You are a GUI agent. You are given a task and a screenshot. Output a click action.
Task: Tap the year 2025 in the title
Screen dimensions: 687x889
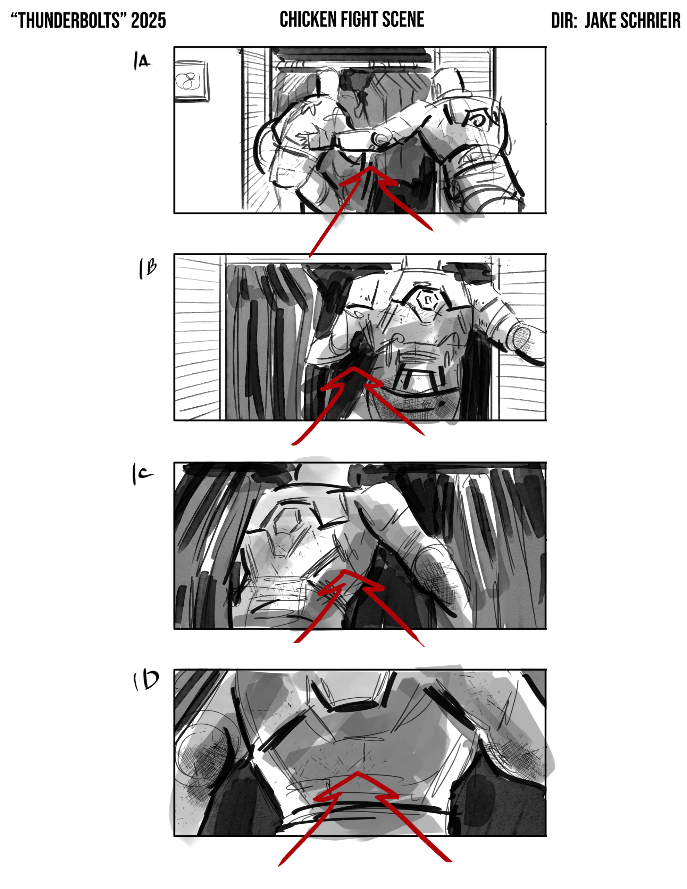pos(149,21)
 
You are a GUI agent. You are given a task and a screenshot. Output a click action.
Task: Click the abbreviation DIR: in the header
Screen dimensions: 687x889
pos(564,20)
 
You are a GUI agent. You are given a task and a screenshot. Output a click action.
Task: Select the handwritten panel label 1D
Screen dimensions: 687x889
pos(146,681)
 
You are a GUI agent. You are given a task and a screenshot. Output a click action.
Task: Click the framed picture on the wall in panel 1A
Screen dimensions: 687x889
pos(191,80)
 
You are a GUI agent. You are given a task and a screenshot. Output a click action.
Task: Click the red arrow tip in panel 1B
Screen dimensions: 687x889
pos(354,368)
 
